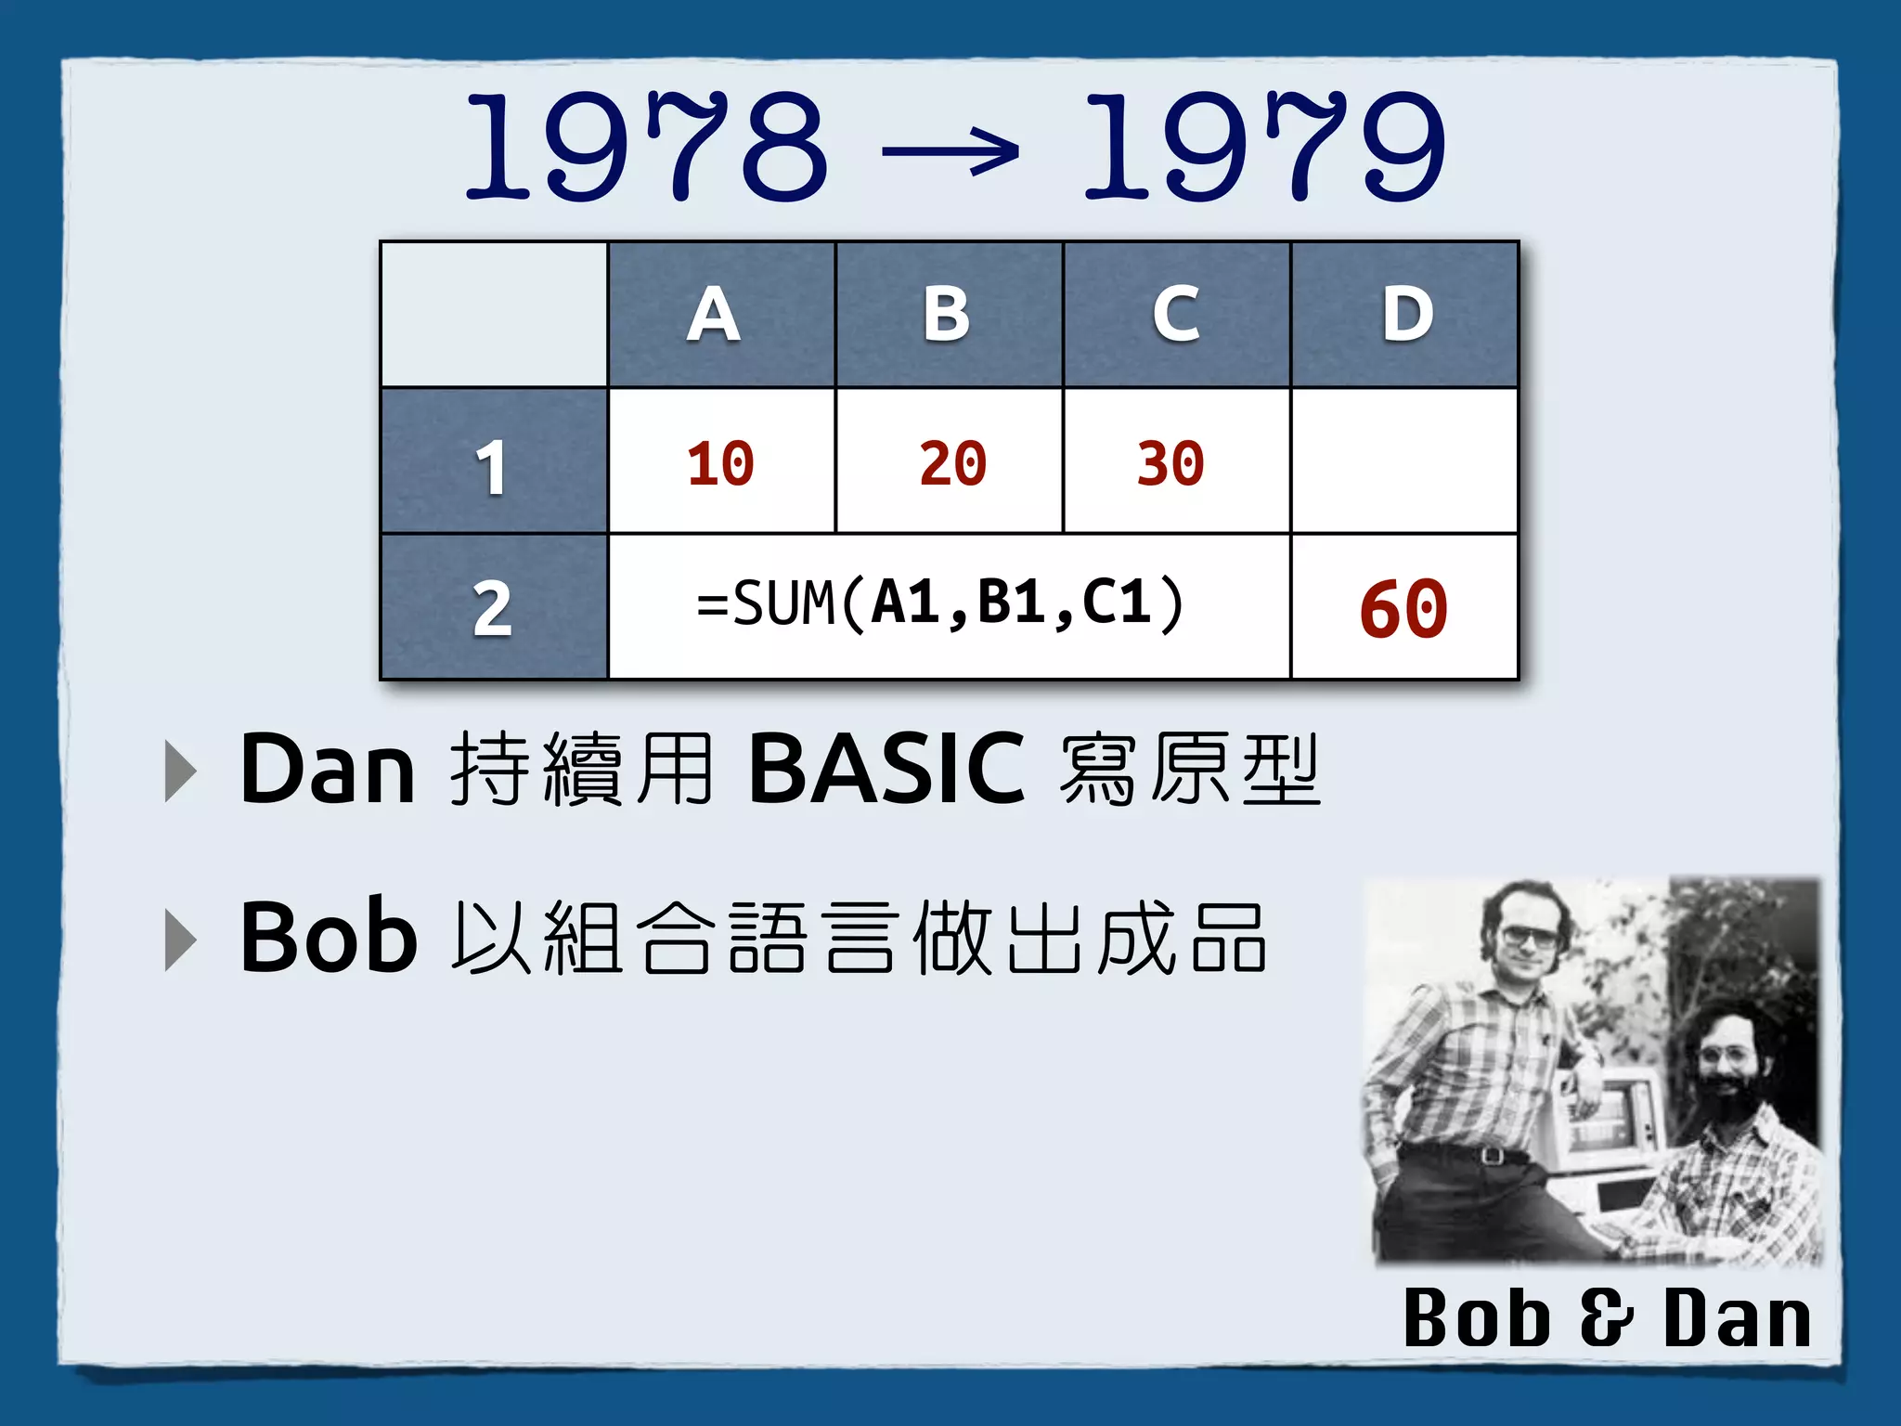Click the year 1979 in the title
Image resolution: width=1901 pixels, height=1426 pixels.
point(1264,147)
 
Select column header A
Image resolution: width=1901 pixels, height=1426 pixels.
point(713,315)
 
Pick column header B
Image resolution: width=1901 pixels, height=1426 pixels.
point(946,315)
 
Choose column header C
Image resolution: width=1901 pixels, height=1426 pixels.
point(1175,315)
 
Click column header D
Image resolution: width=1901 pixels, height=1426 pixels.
point(1406,315)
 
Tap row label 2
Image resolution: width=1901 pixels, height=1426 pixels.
point(491,609)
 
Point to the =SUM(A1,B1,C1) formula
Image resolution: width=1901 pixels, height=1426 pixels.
point(940,603)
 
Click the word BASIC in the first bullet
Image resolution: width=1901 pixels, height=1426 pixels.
point(886,769)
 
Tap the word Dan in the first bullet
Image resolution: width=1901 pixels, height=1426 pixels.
point(327,769)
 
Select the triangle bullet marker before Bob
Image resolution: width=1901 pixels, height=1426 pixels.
point(180,940)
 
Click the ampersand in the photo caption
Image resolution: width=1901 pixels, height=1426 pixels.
point(1605,1317)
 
